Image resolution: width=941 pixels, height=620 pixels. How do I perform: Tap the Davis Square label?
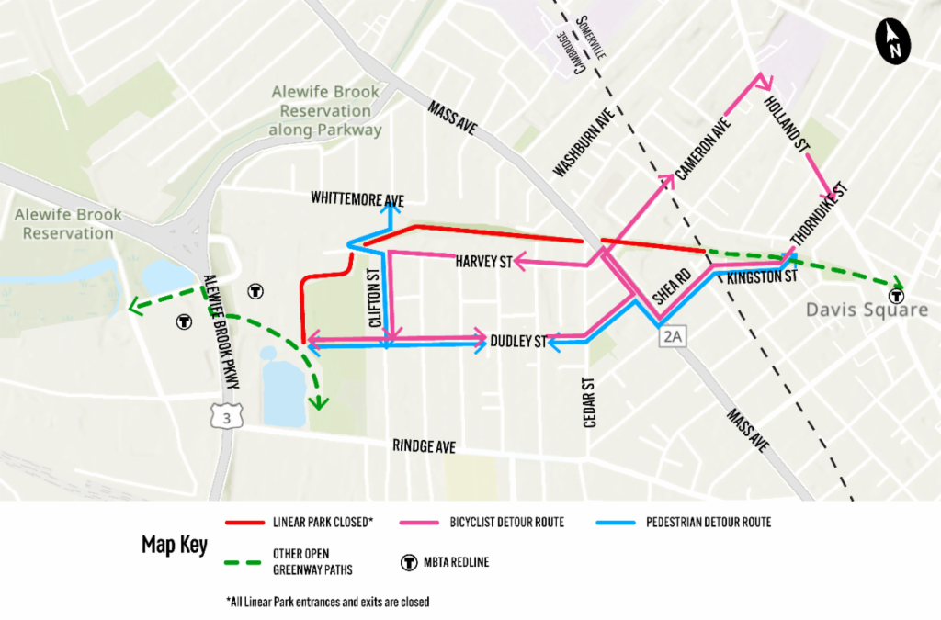tap(867, 310)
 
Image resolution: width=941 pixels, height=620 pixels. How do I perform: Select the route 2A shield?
tap(674, 336)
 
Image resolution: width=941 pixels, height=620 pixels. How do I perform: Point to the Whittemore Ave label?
tap(357, 198)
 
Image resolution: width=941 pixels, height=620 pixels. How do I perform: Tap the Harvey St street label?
tap(483, 264)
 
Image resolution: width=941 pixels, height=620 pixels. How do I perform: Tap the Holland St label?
tap(786, 120)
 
